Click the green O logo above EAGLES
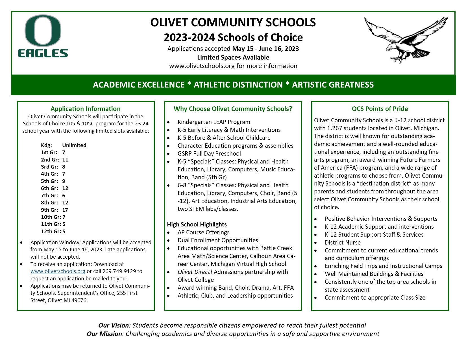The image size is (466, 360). click(x=43, y=31)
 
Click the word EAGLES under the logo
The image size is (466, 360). click(x=43, y=53)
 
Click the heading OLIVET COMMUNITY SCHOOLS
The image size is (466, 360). click(x=233, y=23)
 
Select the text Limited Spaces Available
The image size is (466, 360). click(x=233, y=57)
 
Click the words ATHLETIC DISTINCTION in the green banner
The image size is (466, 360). click(x=238, y=85)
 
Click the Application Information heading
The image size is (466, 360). click(x=85, y=109)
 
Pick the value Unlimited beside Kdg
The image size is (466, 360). click(x=74, y=145)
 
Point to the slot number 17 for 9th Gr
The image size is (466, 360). click(x=65, y=210)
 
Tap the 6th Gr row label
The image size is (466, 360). click(x=49, y=188)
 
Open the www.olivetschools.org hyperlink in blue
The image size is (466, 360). click(x=58, y=271)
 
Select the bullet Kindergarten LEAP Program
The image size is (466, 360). click(x=214, y=122)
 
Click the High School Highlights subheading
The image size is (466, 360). click(x=197, y=224)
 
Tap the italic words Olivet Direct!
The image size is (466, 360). click(x=195, y=272)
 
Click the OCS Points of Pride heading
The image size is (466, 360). click(x=380, y=109)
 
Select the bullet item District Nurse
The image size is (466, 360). click(x=342, y=243)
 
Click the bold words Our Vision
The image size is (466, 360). click(x=114, y=325)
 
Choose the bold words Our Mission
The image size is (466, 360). click(x=104, y=334)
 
